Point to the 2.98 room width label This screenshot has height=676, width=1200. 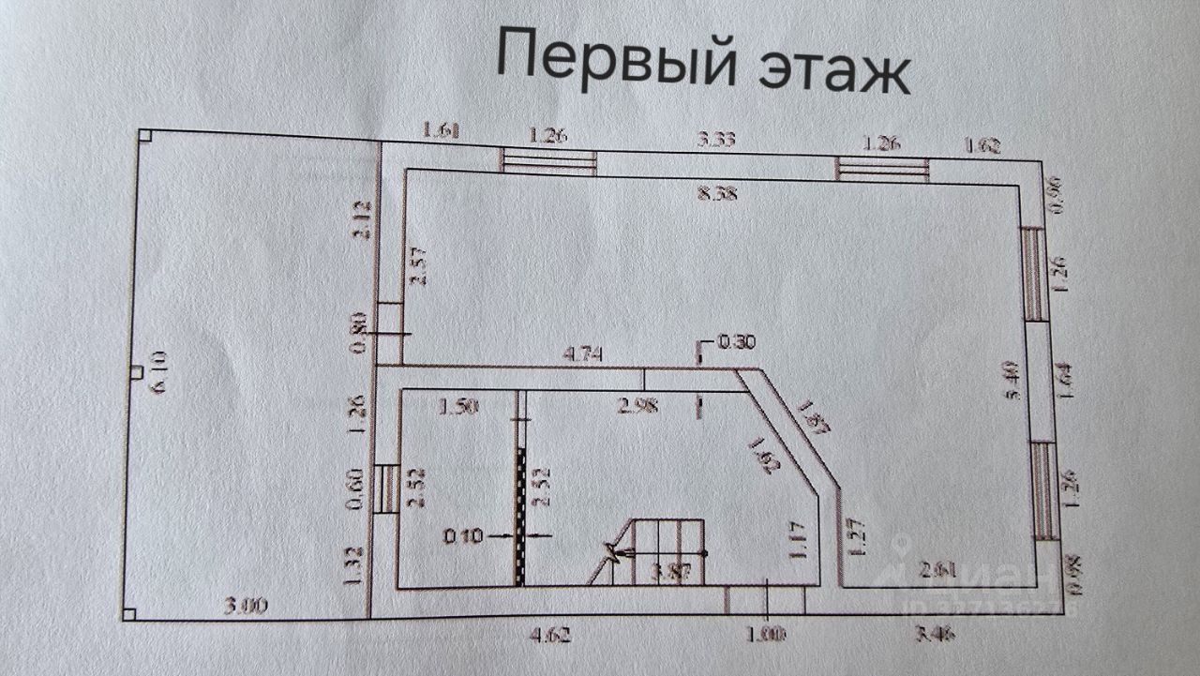[x=637, y=406]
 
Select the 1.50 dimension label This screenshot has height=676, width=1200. [x=459, y=406]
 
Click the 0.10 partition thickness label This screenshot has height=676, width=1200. [x=463, y=537]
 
